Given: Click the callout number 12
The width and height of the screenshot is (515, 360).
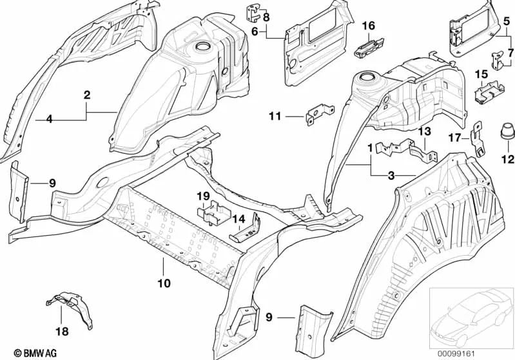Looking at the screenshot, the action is (x=508, y=159).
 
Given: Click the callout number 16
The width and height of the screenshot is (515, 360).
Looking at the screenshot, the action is (x=369, y=25).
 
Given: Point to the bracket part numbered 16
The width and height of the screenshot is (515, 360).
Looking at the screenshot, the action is (x=369, y=48).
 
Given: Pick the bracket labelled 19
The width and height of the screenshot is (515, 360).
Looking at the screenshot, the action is (x=214, y=212).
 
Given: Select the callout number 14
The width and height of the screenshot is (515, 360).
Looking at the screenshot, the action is (x=239, y=219).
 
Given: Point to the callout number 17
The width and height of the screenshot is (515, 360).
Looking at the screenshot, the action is (x=455, y=137).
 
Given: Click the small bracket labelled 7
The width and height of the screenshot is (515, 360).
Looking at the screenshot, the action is (x=498, y=60).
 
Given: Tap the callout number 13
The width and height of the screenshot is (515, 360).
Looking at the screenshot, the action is (x=424, y=131).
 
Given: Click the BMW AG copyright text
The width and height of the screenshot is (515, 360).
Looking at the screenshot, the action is (x=35, y=353).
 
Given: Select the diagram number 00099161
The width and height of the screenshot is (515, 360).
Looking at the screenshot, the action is (x=456, y=354).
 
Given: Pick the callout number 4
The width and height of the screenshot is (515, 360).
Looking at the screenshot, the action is (x=49, y=118).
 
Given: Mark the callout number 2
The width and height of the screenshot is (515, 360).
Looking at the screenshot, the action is (x=87, y=95).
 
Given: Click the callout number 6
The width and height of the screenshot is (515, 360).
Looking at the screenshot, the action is (x=255, y=32).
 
